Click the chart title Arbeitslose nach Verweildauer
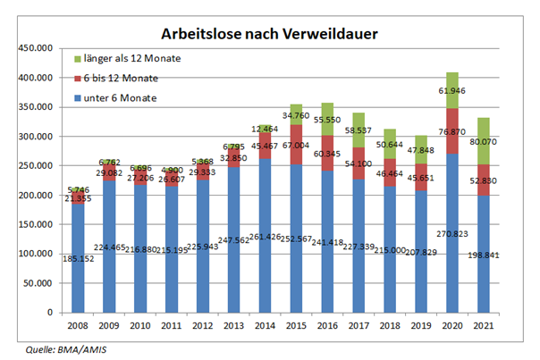coord(268,34)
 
